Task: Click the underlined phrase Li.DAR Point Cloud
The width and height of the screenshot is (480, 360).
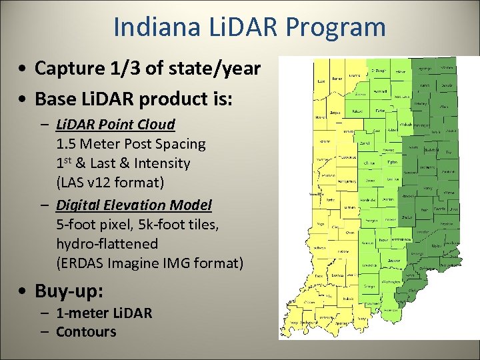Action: [x=115, y=124]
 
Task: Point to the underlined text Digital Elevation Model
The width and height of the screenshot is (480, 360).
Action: [x=134, y=205]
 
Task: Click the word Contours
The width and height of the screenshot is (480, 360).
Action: [x=86, y=331]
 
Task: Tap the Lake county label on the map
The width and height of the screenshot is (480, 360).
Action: [x=321, y=82]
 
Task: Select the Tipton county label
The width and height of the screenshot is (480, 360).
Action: [x=392, y=162]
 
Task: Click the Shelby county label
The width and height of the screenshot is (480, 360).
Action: [x=405, y=217]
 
